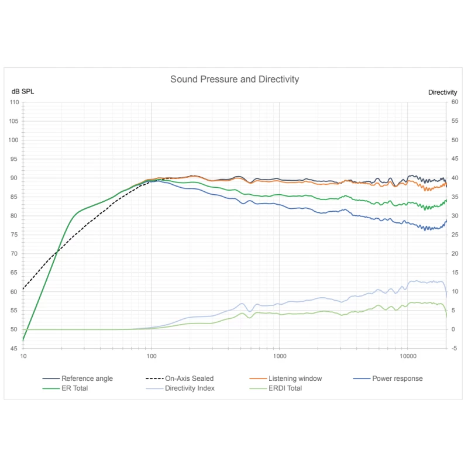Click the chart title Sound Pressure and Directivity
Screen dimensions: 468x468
[x=235, y=79]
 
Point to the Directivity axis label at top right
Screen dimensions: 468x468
[x=442, y=92]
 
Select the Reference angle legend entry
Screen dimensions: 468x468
[x=87, y=378]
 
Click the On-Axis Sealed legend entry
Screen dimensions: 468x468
[x=189, y=378]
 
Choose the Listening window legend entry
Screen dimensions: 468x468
[x=295, y=378]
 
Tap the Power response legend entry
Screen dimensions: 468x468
[x=397, y=378]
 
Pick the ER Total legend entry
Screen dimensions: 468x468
[x=74, y=388]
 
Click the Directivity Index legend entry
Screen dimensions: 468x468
[x=190, y=388]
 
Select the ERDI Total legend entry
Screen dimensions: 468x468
[x=284, y=388]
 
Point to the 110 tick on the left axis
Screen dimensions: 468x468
[x=14, y=102]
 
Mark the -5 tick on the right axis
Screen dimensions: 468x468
[x=454, y=348]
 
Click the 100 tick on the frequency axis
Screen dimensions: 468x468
[x=151, y=356]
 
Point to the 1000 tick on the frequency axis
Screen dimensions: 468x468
[x=280, y=356]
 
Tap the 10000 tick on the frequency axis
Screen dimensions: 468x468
[x=408, y=356]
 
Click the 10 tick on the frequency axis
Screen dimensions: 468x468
[x=23, y=356]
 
